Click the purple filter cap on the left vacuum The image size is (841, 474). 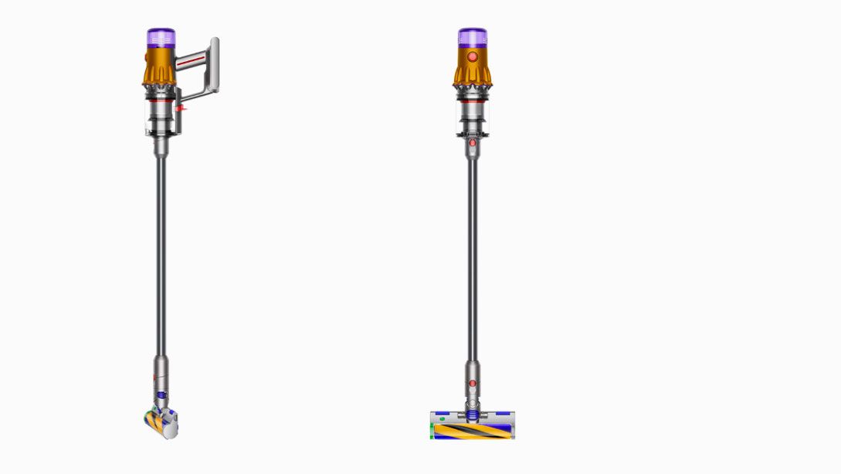pyautogui.click(x=161, y=39)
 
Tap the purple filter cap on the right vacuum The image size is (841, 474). pyautogui.click(x=472, y=38)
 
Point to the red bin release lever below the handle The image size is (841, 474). pyautogui.click(x=181, y=111)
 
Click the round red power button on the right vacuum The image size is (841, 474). pyautogui.click(x=472, y=57)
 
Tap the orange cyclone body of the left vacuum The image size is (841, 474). pyautogui.click(x=159, y=70)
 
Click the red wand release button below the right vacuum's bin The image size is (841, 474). pyautogui.click(x=472, y=143)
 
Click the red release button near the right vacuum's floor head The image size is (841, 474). pyautogui.click(x=472, y=384)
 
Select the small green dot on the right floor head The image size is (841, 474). pyautogui.click(x=442, y=419)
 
